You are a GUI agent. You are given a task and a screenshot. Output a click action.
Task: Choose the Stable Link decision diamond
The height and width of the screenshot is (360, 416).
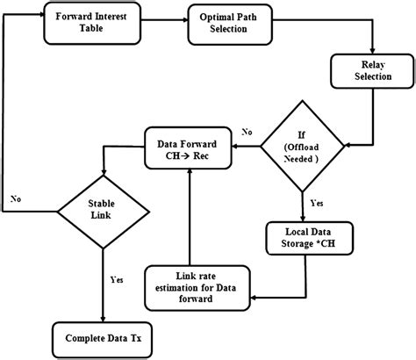coord(104,210)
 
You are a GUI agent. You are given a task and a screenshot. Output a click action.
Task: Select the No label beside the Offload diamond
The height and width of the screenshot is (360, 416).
coord(248,131)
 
